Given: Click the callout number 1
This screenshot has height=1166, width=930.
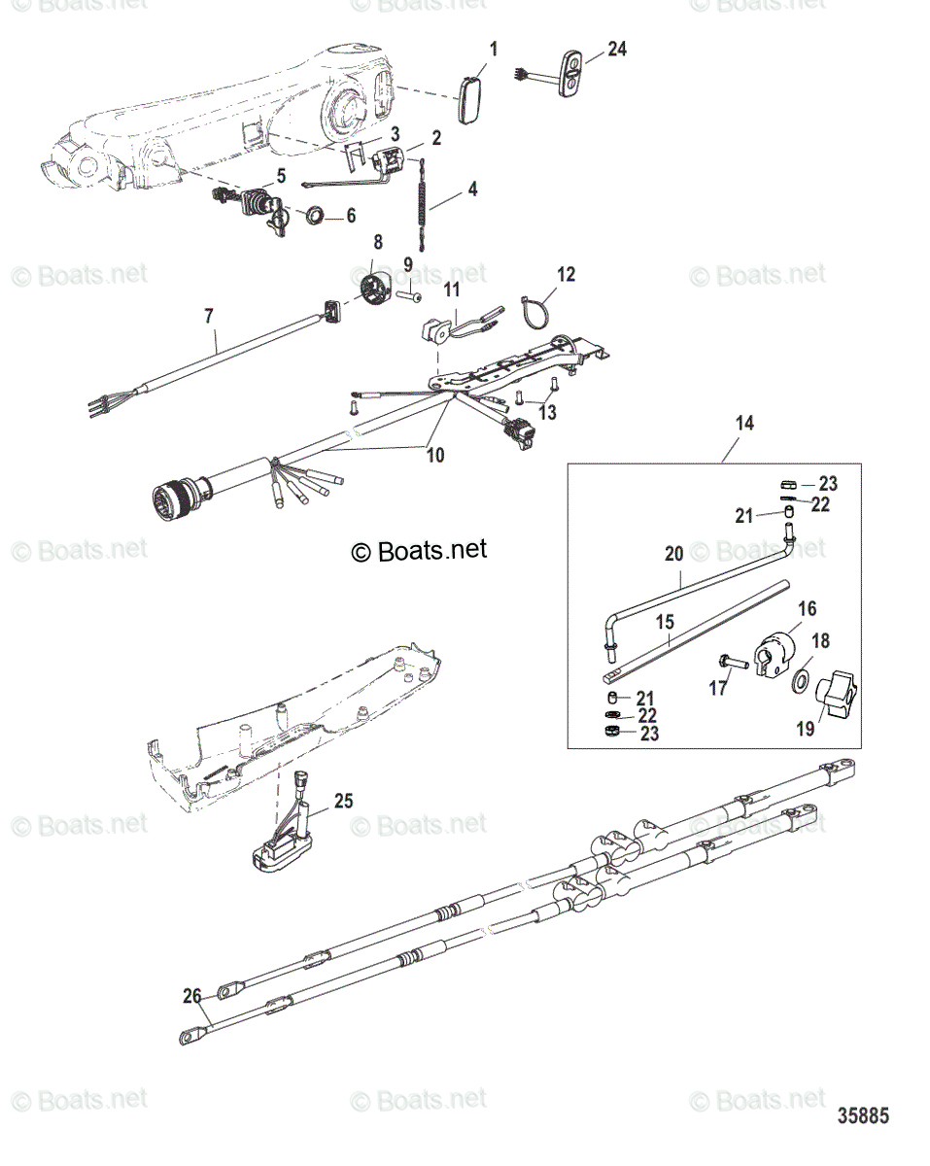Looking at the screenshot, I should [x=493, y=48].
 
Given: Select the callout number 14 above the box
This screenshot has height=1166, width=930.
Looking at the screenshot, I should [x=744, y=424].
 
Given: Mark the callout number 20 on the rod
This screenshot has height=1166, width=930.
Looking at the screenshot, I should [x=673, y=553].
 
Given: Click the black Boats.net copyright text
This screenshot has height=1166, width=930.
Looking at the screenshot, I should [x=419, y=550].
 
